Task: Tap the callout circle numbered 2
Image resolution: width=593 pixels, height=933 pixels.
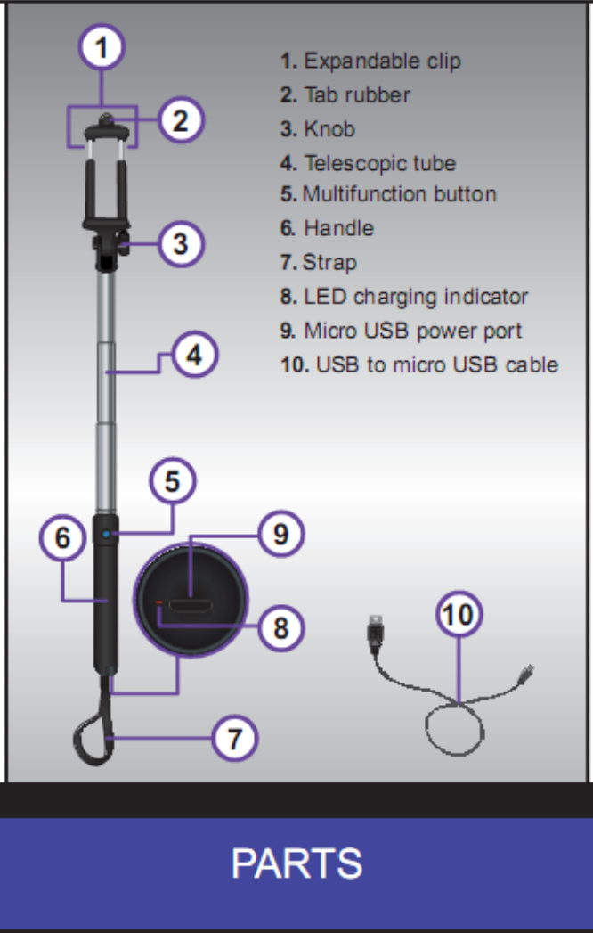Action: pos(182,119)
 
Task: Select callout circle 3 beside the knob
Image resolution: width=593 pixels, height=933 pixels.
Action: pos(182,242)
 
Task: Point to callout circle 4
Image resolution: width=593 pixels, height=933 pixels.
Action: pos(194,356)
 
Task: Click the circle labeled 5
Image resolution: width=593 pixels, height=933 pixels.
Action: pos(172,481)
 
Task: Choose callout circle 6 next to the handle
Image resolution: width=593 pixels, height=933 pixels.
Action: pos(62,538)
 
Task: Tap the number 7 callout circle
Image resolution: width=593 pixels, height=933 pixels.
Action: pos(234,738)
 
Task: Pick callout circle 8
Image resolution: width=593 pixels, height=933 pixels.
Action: pos(281,628)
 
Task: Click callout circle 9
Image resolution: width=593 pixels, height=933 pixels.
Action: pos(281,534)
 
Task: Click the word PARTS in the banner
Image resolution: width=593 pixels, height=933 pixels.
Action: pos(296,863)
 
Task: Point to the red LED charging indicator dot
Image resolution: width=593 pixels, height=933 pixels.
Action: pos(160,603)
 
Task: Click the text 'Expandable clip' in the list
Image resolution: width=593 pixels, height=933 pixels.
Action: pos(382,61)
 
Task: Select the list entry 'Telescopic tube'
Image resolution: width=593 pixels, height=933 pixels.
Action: pos(379,163)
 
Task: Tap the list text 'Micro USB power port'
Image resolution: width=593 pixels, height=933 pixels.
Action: pos(412,331)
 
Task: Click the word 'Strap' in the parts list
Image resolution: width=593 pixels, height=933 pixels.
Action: pos(329,262)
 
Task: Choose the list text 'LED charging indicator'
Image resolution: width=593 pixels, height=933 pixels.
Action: pos(416,297)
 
